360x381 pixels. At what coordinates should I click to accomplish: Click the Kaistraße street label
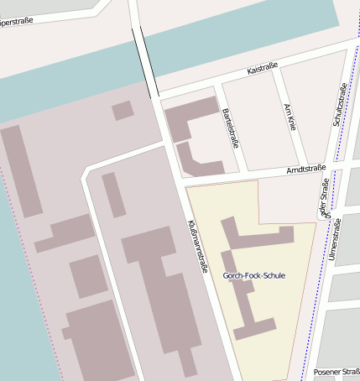[x=262, y=72]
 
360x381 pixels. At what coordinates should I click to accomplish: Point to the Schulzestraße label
[x=339, y=108]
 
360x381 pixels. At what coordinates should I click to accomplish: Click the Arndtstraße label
[x=305, y=170]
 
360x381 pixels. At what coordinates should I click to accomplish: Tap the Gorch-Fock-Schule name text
[x=253, y=275]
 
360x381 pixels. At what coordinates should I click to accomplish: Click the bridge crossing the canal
[x=145, y=61]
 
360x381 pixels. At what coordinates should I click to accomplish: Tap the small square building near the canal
[x=123, y=110]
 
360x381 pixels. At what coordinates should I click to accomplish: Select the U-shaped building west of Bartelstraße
[x=186, y=133]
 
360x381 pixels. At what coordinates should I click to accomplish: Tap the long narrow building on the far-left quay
[x=21, y=171]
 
